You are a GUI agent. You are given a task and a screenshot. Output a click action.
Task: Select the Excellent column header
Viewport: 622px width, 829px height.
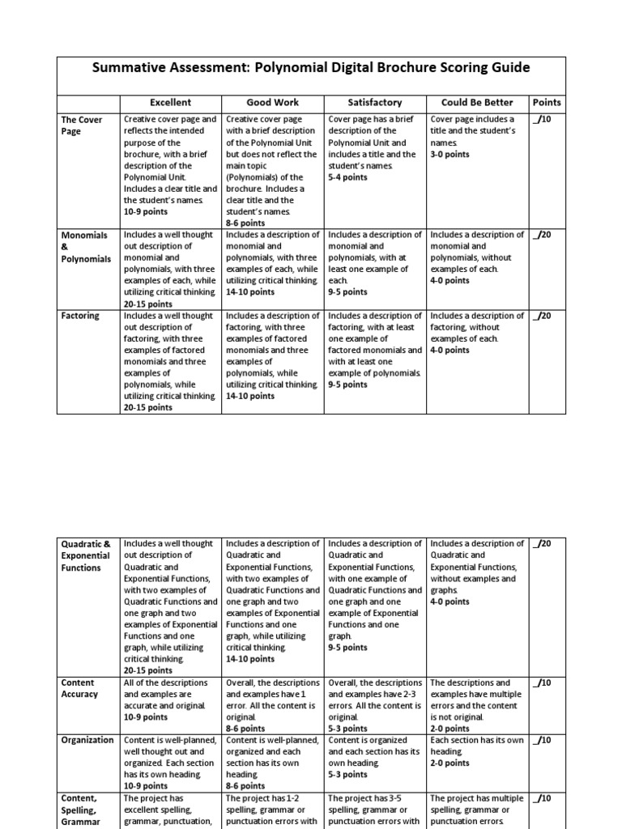[170, 103]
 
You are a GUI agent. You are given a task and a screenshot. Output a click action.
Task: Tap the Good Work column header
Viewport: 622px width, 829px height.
[272, 103]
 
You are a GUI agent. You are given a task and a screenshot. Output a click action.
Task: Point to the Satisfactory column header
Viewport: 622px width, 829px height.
[374, 103]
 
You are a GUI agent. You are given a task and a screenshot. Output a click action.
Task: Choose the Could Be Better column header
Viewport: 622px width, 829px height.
[476, 103]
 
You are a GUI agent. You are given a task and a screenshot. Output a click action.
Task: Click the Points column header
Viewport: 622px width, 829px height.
[547, 103]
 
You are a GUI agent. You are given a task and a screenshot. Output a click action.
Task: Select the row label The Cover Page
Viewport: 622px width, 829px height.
[82, 125]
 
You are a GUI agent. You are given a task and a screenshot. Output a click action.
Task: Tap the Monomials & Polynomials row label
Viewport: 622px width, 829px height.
[86, 246]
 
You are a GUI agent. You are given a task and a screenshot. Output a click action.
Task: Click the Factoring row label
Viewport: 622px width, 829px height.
[80, 316]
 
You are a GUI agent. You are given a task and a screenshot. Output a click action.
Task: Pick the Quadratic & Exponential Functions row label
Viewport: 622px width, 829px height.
[86, 555]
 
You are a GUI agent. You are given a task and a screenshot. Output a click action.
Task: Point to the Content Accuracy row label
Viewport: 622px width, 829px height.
[79, 688]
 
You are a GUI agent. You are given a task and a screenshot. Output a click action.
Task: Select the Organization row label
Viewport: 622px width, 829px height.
[87, 740]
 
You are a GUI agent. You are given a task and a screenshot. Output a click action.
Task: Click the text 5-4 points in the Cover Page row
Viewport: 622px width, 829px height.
[347, 177]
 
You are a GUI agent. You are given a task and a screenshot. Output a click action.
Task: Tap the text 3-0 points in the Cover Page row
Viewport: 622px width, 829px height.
[449, 154]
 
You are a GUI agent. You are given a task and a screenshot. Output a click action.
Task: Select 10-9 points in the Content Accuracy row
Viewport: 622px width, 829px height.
[146, 717]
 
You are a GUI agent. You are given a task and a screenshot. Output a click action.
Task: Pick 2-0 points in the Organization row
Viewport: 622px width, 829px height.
[449, 763]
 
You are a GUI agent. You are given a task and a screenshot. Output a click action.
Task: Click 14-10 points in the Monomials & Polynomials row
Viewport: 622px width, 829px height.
[250, 291]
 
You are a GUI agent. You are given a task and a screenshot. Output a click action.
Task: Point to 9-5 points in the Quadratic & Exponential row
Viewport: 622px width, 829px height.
[347, 648]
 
